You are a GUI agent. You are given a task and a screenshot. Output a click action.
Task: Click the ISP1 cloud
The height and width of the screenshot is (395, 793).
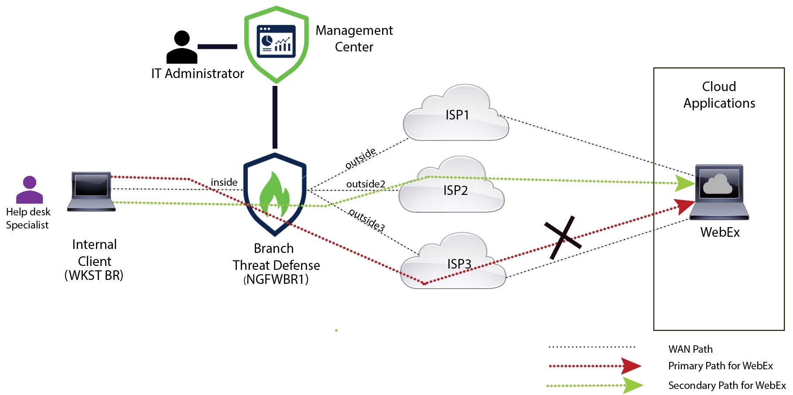[456, 115]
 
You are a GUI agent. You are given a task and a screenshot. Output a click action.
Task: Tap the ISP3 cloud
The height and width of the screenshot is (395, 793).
[454, 263]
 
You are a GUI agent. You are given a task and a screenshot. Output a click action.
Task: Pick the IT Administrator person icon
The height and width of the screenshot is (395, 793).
[181, 48]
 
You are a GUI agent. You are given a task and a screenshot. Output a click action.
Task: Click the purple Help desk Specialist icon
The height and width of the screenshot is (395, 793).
[29, 190]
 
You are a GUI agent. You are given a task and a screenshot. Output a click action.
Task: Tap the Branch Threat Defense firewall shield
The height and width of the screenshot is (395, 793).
[275, 194]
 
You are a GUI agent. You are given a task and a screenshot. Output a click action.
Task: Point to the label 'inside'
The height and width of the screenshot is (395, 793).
[224, 182]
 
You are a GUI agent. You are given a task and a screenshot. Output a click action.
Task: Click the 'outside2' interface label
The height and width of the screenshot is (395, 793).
[366, 184]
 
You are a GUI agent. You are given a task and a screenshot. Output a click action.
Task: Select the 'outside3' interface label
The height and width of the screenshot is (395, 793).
[367, 220]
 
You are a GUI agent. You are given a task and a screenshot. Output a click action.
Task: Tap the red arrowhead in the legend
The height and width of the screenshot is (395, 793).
[631, 366]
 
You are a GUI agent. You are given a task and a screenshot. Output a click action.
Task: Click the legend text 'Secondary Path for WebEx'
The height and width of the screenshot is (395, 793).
[727, 385]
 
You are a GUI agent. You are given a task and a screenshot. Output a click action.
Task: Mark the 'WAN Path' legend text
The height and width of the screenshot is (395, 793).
[690, 349]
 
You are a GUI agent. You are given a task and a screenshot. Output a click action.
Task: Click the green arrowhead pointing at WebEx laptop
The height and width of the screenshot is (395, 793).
[684, 183]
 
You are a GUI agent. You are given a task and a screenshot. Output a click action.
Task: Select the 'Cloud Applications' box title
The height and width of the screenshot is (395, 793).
[719, 95]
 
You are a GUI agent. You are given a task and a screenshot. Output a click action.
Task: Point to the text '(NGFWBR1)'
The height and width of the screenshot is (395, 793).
[276, 279]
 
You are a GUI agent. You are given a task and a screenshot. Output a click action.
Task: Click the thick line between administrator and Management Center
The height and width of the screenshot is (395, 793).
[217, 46]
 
